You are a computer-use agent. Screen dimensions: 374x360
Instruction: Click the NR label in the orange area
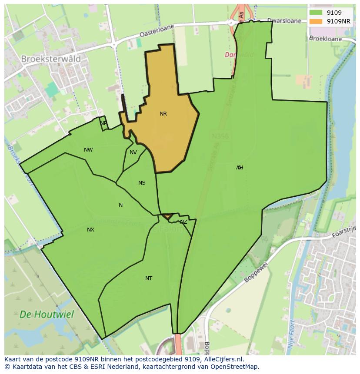click(163, 114)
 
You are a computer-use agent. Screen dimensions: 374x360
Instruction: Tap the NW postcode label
click(88, 150)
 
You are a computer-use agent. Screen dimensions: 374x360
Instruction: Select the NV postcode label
click(133, 152)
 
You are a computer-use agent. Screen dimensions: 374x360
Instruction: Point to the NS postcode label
click(142, 183)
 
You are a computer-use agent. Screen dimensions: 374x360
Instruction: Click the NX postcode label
click(90, 230)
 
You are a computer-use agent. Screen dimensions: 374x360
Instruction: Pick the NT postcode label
click(149, 278)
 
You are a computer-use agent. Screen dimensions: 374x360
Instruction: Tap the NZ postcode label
click(183, 222)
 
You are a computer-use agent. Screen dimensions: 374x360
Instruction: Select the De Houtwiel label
click(47, 314)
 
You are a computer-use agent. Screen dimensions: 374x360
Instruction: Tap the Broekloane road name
click(326, 38)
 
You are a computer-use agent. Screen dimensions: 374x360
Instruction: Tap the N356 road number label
click(220, 136)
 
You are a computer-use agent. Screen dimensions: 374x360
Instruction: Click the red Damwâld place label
click(239, 55)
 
